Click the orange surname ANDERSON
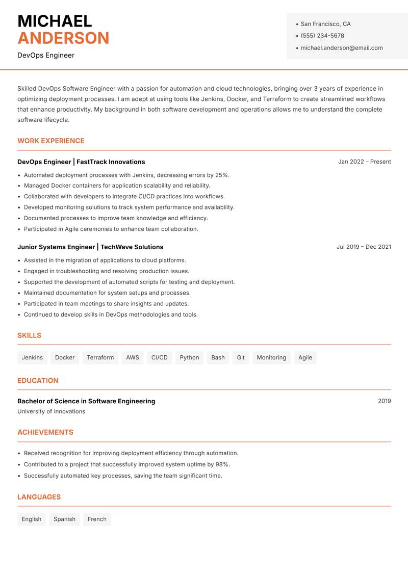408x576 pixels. (x=63, y=38)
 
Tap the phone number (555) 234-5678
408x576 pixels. (x=322, y=36)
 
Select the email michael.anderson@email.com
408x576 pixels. (x=342, y=48)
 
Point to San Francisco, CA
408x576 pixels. (x=325, y=24)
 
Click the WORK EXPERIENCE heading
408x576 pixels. (x=51, y=141)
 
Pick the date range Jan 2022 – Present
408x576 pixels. (x=364, y=162)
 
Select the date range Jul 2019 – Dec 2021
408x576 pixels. (x=364, y=247)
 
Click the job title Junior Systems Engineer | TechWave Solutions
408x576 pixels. (x=90, y=247)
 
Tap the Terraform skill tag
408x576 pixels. (x=100, y=357)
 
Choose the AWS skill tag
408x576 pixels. (x=133, y=357)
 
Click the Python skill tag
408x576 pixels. (x=189, y=357)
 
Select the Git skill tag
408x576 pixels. (x=241, y=357)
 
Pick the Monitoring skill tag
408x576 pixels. (x=271, y=357)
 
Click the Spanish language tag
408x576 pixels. (x=64, y=519)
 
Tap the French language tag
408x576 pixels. (x=97, y=519)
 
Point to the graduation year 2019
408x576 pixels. (x=385, y=401)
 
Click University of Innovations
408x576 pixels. (x=51, y=411)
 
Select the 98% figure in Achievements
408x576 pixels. (x=222, y=464)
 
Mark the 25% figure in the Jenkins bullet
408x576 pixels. (x=222, y=175)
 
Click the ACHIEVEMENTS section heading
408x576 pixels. (x=45, y=432)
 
